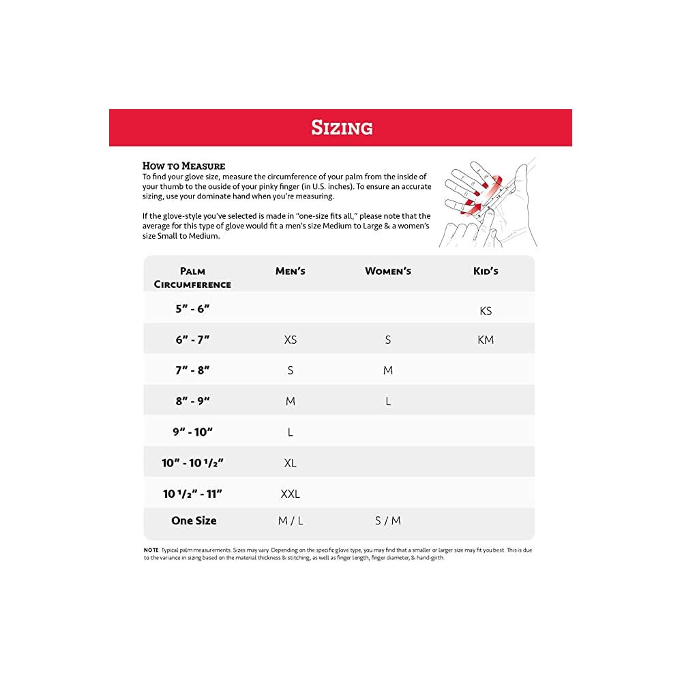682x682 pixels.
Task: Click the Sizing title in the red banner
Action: pyautogui.click(x=342, y=128)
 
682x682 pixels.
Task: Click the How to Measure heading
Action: pyautogui.click(x=183, y=166)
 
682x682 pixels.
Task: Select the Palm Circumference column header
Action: pyautogui.click(x=192, y=278)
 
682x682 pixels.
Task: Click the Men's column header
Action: pyautogui.click(x=291, y=271)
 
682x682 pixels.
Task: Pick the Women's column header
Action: pyautogui.click(x=388, y=271)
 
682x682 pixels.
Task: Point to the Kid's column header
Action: pyautogui.click(x=486, y=271)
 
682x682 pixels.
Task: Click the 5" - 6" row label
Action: pyautogui.click(x=192, y=308)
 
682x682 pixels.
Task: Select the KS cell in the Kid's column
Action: pyautogui.click(x=486, y=311)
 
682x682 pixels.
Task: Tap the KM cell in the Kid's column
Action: pyautogui.click(x=486, y=340)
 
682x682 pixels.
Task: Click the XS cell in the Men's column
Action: pyautogui.click(x=291, y=340)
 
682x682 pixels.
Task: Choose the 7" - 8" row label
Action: pyautogui.click(x=192, y=370)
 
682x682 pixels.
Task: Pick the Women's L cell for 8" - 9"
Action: pyautogui.click(x=388, y=402)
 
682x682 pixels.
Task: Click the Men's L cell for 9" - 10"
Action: pyautogui.click(x=291, y=432)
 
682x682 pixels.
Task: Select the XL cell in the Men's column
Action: pyautogui.click(x=291, y=463)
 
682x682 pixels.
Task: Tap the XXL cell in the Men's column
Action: pyautogui.click(x=291, y=494)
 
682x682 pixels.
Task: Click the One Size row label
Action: pyautogui.click(x=194, y=520)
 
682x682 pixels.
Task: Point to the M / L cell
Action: pyautogui.click(x=291, y=521)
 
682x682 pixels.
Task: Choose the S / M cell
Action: pyautogui.click(x=388, y=521)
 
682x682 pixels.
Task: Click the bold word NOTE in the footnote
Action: pyautogui.click(x=151, y=550)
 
